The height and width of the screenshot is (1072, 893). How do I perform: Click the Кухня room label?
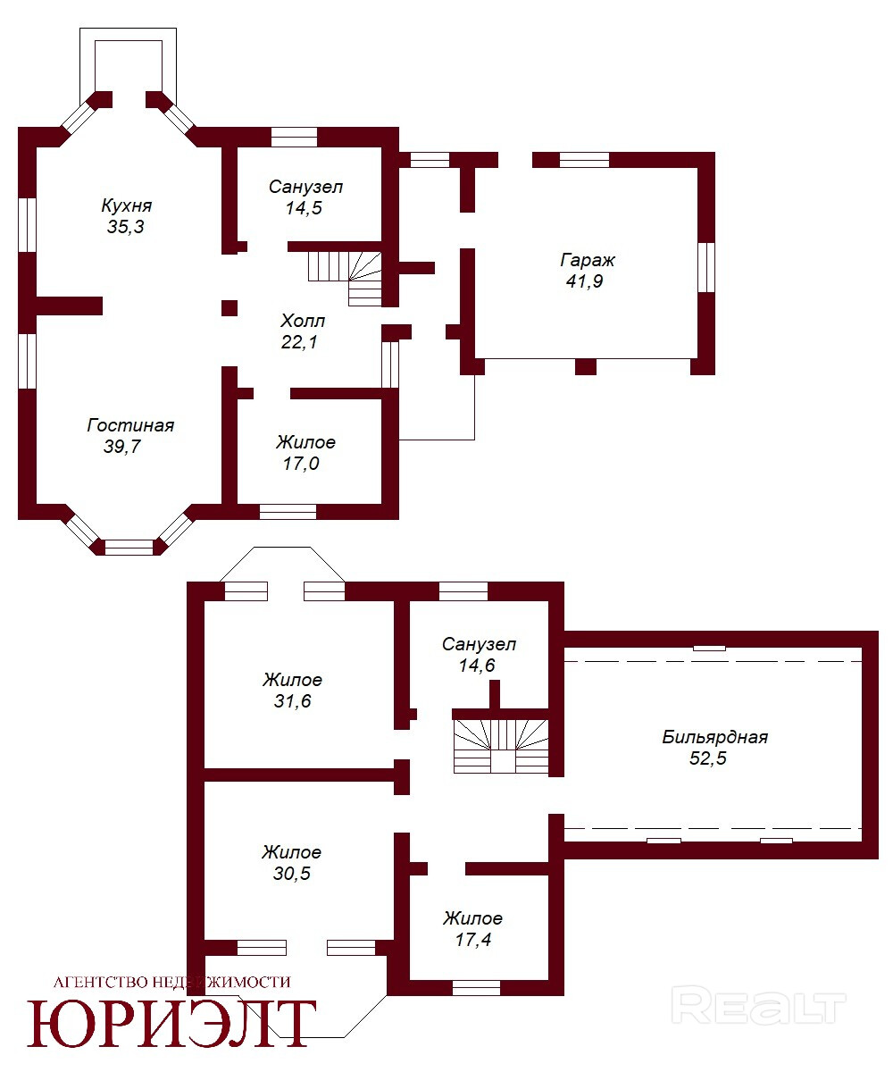pyautogui.click(x=126, y=205)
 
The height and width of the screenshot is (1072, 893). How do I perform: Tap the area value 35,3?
pyautogui.click(x=125, y=226)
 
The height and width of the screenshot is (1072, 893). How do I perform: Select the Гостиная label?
pyautogui.click(x=130, y=425)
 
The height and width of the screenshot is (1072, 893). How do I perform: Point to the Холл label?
pyautogui.click(x=303, y=322)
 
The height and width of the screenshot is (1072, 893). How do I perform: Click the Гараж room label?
pyautogui.click(x=587, y=260)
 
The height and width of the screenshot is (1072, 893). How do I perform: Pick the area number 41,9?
pyautogui.click(x=585, y=281)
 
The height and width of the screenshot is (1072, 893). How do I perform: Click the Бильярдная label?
pyautogui.click(x=715, y=738)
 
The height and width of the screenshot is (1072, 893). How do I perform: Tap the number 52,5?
pyautogui.click(x=708, y=758)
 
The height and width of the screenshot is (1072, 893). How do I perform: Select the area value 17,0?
pyautogui.click(x=301, y=464)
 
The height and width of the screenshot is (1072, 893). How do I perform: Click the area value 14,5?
pyautogui.click(x=304, y=208)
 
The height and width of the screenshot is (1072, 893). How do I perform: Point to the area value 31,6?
pyautogui.click(x=293, y=701)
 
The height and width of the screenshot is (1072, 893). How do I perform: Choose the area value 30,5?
pyautogui.click(x=292, y=874)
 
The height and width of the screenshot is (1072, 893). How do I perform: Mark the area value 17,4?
pyautogui.click(x=473, y=940)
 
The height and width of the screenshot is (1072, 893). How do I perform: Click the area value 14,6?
pyautogui.click(x=477, y=666)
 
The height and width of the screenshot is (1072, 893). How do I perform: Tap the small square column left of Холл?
pyautogui.click(x=230, y=308)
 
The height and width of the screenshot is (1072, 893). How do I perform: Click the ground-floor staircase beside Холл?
pyautogui.click(x=345, y=278)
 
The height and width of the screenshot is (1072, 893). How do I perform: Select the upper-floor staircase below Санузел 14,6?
pyautogui.click(x=501, y=746)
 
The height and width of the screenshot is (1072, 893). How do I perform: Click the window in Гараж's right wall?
pyautogui.click(x=706, y=267)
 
